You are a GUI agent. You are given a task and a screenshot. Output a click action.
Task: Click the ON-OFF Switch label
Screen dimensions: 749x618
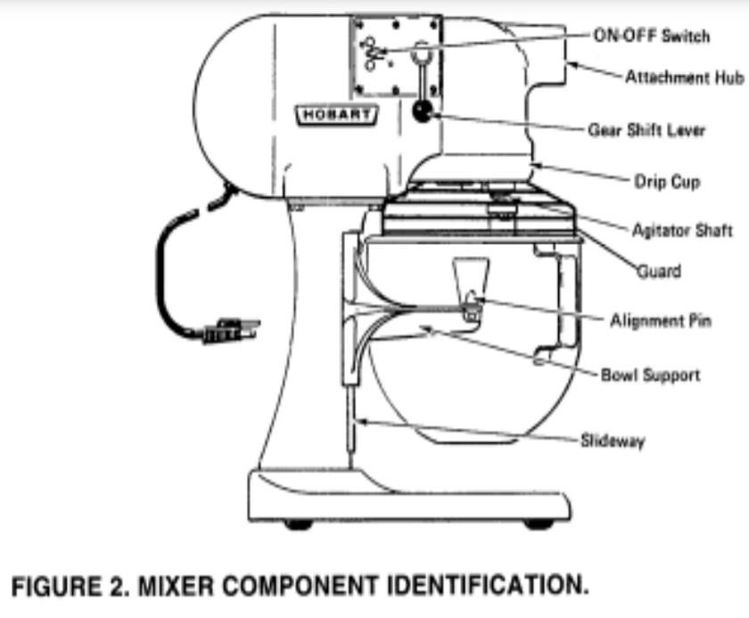tap(651, 36)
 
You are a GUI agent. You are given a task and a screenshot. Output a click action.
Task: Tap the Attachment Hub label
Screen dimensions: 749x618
tap(684, 78)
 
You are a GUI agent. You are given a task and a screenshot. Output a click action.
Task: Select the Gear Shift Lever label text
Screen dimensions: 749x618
tap(646, 130)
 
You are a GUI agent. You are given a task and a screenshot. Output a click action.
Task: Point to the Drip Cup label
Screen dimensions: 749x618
tap(666, 182)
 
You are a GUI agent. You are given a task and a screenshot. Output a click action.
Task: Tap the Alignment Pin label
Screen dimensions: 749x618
tap(661, 320)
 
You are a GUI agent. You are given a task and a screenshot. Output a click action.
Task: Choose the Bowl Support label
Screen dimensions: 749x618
tap(650, 375)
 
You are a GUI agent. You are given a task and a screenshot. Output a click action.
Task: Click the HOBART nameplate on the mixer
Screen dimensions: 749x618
tap(337, 114)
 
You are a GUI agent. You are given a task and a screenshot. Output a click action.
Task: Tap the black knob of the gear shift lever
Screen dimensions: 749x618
tap(421, 111)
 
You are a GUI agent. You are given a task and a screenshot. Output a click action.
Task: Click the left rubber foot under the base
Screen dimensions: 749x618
tap(299, 524)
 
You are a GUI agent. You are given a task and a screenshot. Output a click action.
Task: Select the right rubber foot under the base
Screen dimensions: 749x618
tap(538, 524)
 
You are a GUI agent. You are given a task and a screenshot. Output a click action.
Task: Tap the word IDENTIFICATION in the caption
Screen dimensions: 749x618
tap(485, 586)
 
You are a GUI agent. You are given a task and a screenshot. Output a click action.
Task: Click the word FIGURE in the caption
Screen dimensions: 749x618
tap(48, 586)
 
